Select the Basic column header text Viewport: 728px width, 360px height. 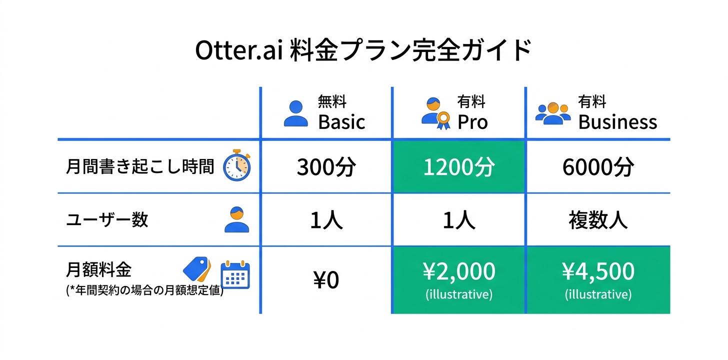(341, 122)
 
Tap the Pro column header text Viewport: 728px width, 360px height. (472, 122)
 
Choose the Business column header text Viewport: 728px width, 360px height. (617, 122)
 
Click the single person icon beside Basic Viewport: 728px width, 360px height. (296, 113)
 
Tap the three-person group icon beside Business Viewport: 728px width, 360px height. (553, 114)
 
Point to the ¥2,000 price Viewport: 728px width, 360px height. (458, 271)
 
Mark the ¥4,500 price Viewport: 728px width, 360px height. (598, 271)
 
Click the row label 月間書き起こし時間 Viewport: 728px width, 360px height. (140, 166)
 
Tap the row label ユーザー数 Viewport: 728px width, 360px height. (107, 219)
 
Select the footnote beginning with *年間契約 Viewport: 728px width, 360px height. (144, 290)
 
